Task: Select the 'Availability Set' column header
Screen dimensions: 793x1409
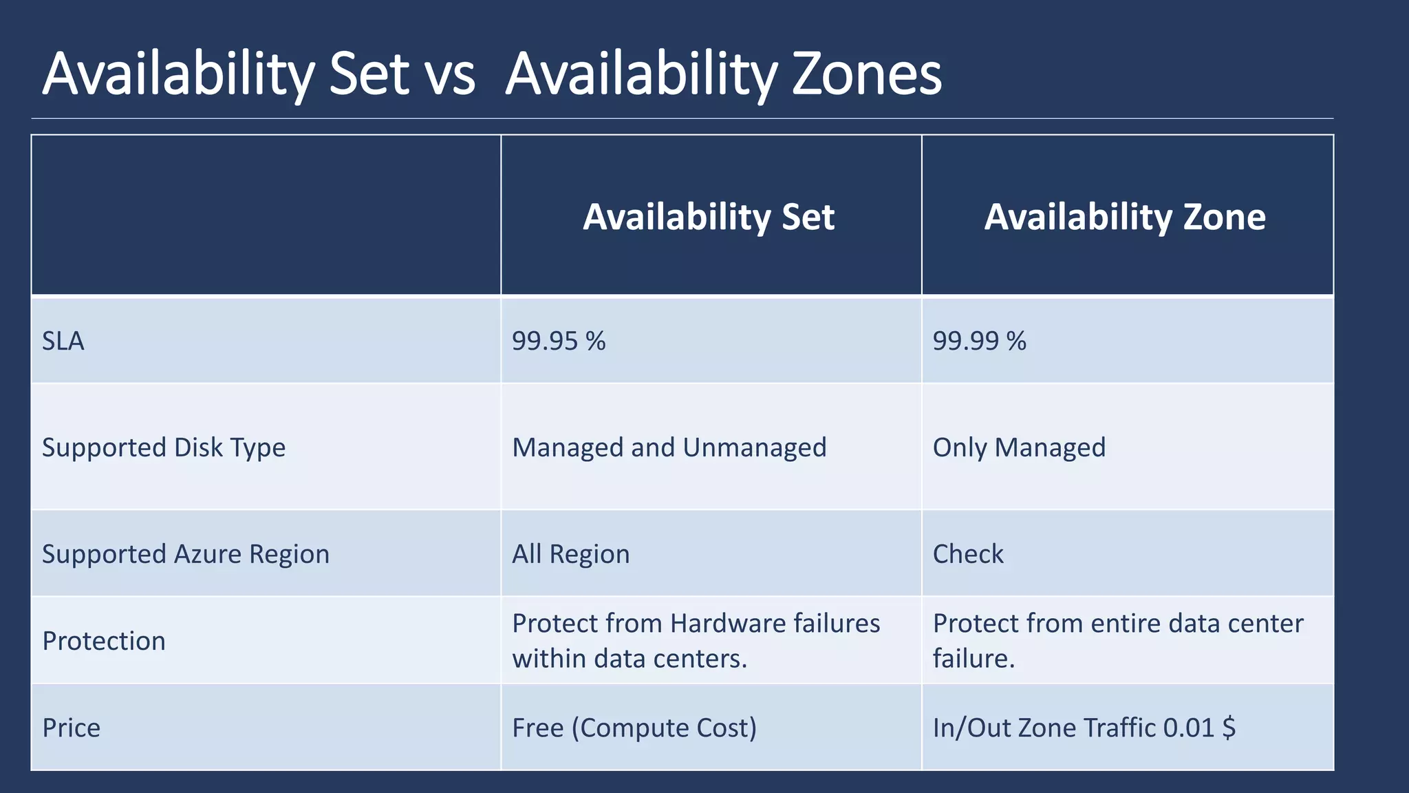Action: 709,217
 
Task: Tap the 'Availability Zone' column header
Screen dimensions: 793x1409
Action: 1125,217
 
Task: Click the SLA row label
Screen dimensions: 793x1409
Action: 63,341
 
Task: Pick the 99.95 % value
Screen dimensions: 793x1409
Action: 559,341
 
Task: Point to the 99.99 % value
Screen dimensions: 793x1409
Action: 979,341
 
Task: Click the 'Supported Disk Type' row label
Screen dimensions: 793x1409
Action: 164,447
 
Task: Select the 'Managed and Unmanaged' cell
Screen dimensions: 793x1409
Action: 669,447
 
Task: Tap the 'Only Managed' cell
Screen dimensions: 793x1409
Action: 1019,447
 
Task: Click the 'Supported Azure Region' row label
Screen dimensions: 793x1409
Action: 186,554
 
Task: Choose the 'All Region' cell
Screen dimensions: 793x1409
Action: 570,554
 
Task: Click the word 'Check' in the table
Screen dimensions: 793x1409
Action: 968,554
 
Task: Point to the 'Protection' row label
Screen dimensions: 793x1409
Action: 104,641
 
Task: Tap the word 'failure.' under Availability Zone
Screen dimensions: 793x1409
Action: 974,659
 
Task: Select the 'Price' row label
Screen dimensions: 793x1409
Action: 71,728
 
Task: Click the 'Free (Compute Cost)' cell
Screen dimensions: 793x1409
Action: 634,728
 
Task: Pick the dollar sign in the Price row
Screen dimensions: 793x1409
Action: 1229,728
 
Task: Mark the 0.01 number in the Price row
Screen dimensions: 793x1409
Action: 1188,728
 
